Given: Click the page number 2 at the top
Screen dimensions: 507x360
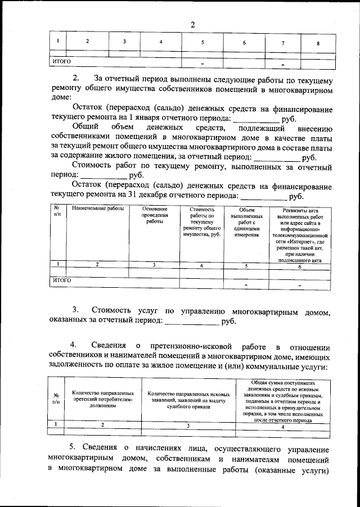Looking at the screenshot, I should point(193,25).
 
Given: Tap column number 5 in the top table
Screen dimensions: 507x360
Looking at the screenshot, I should point(202,43).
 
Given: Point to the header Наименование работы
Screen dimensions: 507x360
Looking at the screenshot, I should point(97,209).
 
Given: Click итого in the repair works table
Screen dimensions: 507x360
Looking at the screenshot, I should point(61,279).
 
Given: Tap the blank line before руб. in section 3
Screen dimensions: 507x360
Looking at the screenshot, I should point(191,322).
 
